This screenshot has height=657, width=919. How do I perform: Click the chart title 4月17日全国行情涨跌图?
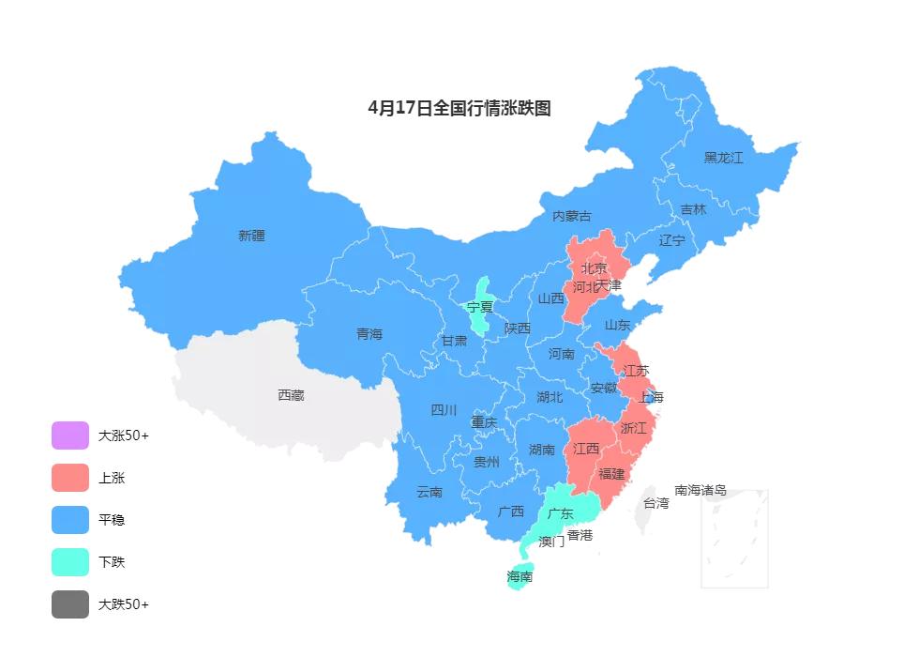[x=459, y=108]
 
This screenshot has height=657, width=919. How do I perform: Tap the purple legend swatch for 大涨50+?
[x=70, y=435]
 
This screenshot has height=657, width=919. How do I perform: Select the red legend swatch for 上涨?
[x=70, y=478]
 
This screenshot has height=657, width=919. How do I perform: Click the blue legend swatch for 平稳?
[x=70, y=520]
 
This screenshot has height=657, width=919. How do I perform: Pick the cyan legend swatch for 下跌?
[x=70, y=562]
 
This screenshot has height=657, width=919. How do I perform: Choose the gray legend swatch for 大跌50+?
[x=70, y=604]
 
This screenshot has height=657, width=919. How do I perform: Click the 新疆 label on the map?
[x=251, y=236]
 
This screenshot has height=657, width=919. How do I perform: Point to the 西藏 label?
[x=291, y=395]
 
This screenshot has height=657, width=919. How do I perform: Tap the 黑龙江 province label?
[x=723, y=158]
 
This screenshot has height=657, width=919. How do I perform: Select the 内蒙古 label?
[x=572, y=216]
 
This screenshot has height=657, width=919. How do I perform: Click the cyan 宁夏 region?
[x=480, y=307]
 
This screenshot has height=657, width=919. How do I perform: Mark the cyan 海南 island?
[x=520, y=576]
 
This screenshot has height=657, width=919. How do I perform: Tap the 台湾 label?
[x=655, y=503]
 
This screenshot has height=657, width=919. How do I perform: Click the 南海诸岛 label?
[x=701, y=490]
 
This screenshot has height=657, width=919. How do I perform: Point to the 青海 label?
[x=369, y=334]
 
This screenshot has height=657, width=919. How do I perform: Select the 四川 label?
[x=444, y=409]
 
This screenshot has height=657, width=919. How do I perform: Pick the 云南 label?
[x=429, y=492]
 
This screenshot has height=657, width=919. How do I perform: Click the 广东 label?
[x=560, y=513]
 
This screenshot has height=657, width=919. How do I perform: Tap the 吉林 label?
[x=693, y=209]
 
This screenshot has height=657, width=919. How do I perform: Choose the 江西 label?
[x=586, y=449]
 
